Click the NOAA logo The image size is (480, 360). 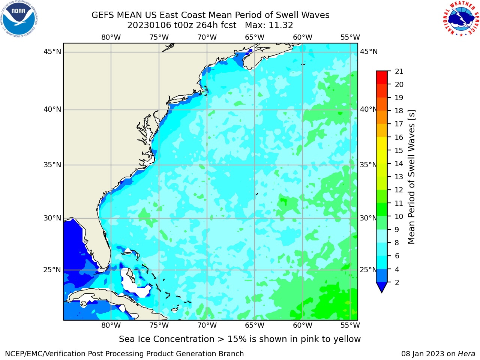(x=19, y=19)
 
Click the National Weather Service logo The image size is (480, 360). (x=461, y=19)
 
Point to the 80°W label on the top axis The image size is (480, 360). (x=111, y=37)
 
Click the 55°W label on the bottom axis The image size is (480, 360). (x=350, y=325)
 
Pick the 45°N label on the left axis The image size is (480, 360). (x=52, y=52)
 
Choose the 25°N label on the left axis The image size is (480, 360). (x=52, y=270)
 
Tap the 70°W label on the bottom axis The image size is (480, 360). (x=207, y=325)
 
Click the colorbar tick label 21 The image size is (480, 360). (x=399, y=72)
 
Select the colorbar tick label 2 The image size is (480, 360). (x=397, y=282)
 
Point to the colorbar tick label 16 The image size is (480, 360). (x=399, y=137)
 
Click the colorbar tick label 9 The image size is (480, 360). (x=397, y=229)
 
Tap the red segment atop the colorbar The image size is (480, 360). (x=382, y=78)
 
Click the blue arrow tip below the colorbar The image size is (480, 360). (x=382, y=292)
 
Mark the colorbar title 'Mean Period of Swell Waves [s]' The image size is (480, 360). (x=411, y=177)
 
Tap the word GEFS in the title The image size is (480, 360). (x=103, y=15)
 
